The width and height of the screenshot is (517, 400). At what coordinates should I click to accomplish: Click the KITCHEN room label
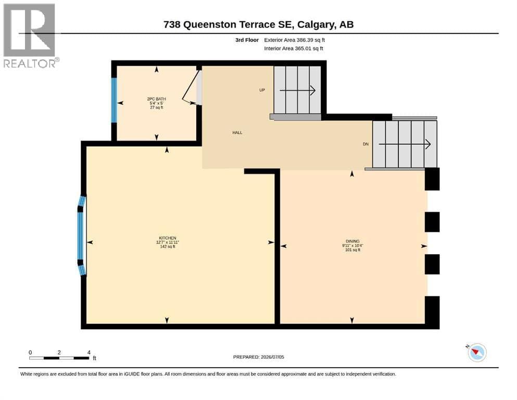coord(168,238)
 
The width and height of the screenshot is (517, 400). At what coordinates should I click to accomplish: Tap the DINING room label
coord(352,241)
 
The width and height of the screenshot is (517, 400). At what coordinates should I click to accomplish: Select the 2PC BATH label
coord(157,99)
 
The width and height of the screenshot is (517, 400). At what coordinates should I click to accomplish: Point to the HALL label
coord(237,133)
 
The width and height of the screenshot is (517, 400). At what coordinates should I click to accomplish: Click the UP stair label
coord(262,90)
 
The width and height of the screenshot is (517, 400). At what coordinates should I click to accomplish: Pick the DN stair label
coord(365,144)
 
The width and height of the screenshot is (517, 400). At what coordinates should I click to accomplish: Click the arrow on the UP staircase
coord(297,90)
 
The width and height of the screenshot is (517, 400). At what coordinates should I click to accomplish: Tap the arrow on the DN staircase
coord(405,144)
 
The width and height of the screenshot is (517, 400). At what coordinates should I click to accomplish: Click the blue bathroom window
coord(114,100)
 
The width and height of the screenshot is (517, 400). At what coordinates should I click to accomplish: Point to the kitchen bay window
coord(81,236)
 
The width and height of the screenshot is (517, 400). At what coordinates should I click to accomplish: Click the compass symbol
coord(477,353)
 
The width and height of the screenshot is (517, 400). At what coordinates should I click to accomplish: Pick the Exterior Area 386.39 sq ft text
coord(295,40)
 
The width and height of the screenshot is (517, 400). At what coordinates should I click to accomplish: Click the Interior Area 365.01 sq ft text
coord(294,48)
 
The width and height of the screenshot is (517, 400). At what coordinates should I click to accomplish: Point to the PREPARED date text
coord(258,357)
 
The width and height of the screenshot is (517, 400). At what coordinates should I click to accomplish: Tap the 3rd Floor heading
coord(247,40)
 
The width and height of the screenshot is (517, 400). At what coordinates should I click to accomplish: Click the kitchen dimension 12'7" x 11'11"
coord(168,242)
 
